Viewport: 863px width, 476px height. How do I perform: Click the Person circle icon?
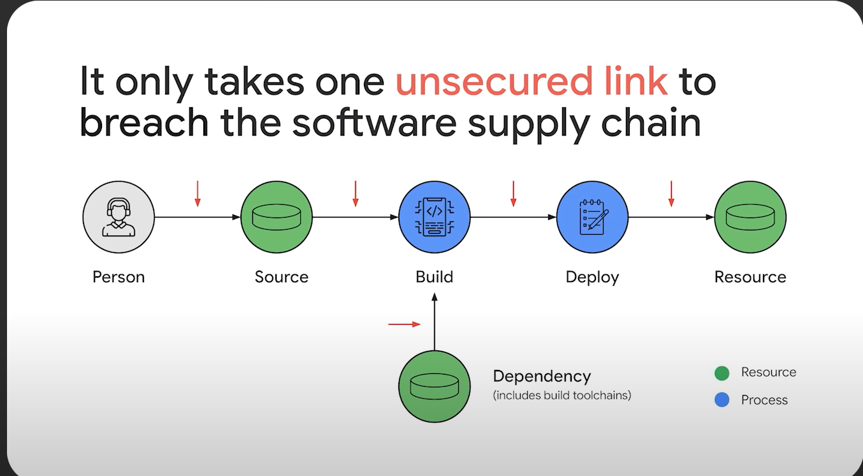pyautogui.click(x=119, y=217)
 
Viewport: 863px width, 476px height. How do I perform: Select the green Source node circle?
pyautogui.click(x=277, y=217)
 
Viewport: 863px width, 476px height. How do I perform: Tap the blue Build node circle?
pyautogui.click(x=434, y=217)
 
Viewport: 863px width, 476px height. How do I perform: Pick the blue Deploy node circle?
pyautogui.click(x=592, y=217)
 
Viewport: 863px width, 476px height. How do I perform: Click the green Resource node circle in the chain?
pyautogui.click(x=750, y=217)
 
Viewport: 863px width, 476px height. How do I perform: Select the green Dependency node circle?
pyautogui.click(x=434, y=387)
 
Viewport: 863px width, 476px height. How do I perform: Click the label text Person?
pyautogui.click(x=119, y=277)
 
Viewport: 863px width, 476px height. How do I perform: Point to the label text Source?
pyautogui.click(x=281, y=277)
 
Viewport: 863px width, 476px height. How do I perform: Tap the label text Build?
pyautogui.click(x=434, y=277)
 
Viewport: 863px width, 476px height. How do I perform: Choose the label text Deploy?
pyautogui.click(x=592, y=277)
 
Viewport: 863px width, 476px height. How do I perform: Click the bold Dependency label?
pyautogui.click(x=542, y=376)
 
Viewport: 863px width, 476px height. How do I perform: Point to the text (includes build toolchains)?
pyautogui.click(x=562, y=395)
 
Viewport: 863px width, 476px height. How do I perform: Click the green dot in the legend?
pyautogui.click(x=722, y=373)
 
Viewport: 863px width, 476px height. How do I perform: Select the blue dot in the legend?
pyautogui.click(x=722, y=400)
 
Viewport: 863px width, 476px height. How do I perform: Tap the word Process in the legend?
pyautogui.click(x=764, y=400)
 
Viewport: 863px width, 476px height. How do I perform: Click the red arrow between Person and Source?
pyautogui.click(x=198, y=193)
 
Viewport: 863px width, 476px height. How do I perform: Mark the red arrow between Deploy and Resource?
pyautogui.click(x=671, y=193)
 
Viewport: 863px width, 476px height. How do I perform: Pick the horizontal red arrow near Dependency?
pyautogui.click(x=404, y=324)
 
